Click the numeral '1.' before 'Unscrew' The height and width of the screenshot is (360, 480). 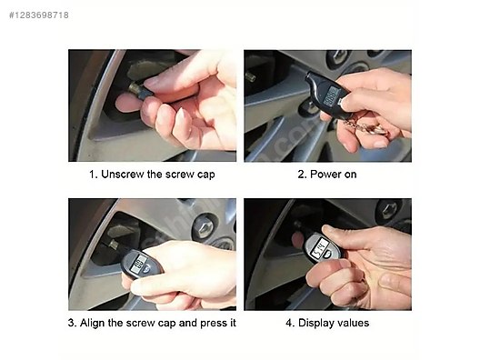(93, 174)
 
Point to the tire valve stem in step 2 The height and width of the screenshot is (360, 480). (252, 77)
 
